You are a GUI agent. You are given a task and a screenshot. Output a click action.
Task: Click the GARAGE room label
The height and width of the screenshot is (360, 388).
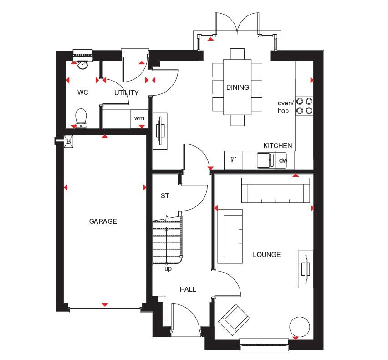103,221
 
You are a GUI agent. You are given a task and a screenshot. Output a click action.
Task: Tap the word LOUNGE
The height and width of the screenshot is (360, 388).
267,255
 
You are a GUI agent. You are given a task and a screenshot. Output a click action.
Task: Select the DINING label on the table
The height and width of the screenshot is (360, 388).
238,87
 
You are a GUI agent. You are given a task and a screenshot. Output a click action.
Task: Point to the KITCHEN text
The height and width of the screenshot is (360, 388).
278,145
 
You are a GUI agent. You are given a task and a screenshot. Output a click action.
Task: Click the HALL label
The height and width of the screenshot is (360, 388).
188,289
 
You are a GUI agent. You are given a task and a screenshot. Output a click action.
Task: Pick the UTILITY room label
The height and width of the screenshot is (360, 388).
127,93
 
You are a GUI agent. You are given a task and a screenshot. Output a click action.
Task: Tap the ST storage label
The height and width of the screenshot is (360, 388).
165,196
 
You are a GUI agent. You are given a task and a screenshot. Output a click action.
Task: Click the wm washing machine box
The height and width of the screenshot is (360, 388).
139,119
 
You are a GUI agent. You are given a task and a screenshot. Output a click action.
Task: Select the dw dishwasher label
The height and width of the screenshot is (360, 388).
283,160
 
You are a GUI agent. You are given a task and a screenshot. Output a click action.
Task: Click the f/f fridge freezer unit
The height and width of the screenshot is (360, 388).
234,160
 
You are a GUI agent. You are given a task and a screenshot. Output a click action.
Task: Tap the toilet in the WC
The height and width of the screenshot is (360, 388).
81,118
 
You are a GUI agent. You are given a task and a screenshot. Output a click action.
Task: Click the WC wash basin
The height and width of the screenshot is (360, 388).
82,64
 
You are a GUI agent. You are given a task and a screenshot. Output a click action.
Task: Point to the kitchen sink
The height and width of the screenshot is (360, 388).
266,160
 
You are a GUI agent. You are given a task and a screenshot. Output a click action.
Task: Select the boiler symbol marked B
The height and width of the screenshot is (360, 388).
69,141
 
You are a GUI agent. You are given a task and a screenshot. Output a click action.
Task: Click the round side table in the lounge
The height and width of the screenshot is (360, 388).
299,327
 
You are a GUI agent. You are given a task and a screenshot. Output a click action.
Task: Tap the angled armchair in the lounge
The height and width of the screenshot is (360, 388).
234,320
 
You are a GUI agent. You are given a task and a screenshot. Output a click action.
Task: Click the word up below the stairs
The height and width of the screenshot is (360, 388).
168,269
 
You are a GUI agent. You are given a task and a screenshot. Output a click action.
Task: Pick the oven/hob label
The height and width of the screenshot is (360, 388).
285,107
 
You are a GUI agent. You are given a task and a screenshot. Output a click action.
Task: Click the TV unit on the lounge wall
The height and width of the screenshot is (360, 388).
306,269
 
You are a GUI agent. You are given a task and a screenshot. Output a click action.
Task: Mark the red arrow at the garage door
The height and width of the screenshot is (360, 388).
105,304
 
